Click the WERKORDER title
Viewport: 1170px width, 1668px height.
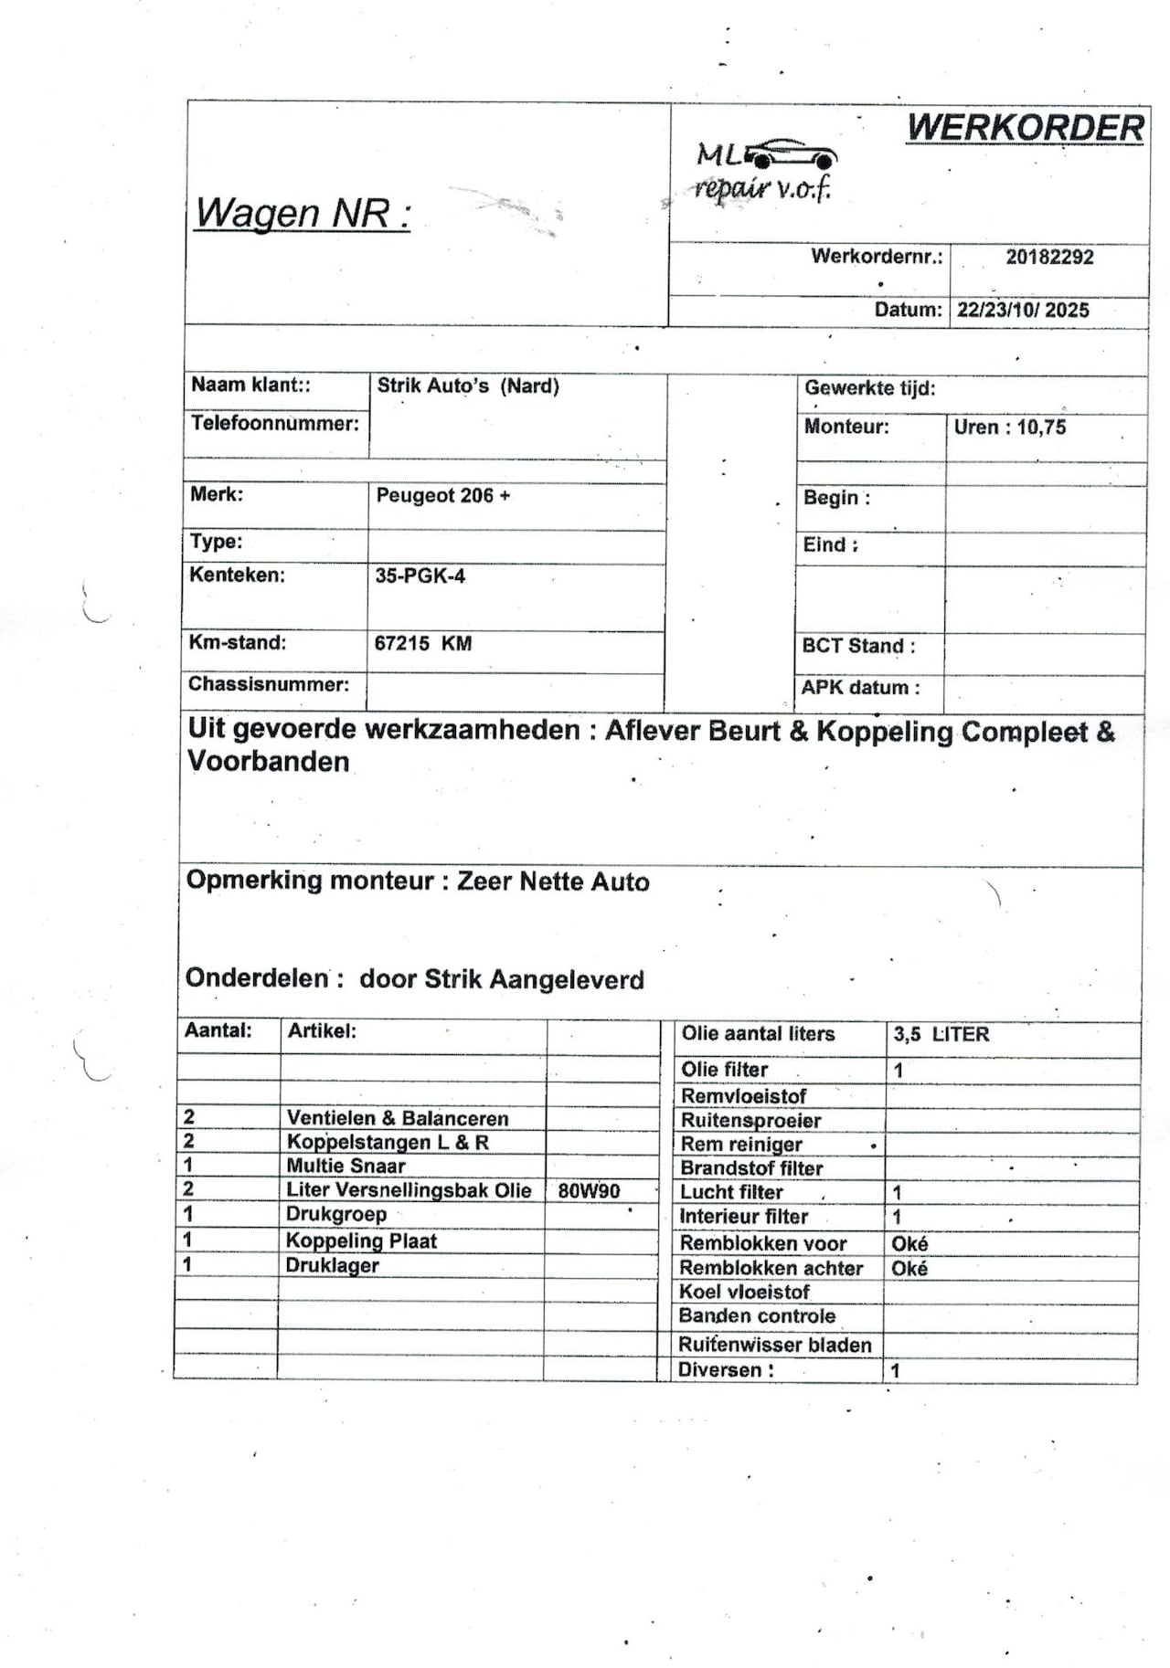click(1025, 128)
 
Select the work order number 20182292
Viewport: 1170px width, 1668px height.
click(1049, 258)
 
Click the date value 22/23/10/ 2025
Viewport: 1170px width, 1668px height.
click(1023, 310)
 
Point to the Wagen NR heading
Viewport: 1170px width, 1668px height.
click(303, 214)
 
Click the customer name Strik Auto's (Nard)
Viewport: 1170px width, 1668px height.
click(468, 386)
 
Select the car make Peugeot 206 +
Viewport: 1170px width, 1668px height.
click(443, 496)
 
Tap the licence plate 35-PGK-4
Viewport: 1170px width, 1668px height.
click(420, 576)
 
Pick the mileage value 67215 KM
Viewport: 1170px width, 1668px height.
click(423, 644)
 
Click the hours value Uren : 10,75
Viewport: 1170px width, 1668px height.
click(1009, 428)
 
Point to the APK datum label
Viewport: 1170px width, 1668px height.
click(860, 688)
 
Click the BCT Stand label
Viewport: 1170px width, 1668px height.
click(858, 646)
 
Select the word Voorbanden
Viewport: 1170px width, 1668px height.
click(268, 762)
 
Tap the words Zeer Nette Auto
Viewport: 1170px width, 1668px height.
click(553, 882)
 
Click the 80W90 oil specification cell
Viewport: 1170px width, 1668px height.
click(589, 1191)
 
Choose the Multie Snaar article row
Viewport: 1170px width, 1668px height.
click(346, 1167)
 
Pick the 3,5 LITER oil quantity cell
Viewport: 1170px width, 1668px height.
click(941, 1035)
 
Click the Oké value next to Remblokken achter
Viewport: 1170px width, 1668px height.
click(909, 1269)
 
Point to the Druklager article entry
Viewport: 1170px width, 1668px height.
click(332, 1266)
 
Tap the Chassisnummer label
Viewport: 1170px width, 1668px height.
click(269, 685)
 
